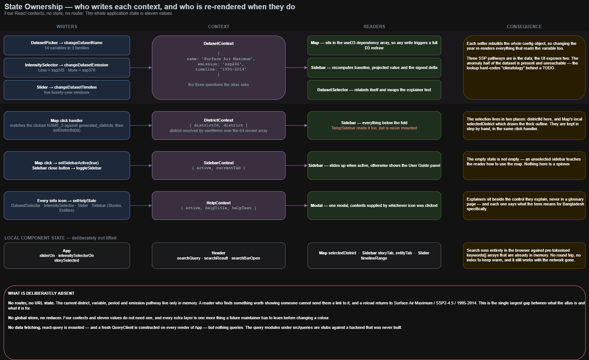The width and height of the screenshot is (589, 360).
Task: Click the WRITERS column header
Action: click(x=67, y=27)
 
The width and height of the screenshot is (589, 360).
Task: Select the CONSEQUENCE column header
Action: click(x=524, y=27)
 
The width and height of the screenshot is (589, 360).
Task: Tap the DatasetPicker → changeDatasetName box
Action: click(x=67, y=45)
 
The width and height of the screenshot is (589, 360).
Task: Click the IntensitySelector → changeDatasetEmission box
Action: click(x=67, y=67)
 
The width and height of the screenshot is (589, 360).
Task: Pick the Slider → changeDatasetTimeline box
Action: click(x=67, y=90)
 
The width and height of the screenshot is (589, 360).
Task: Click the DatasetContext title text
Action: click(x=219, y=43)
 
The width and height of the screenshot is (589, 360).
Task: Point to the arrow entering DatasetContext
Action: click(x=141, y=67)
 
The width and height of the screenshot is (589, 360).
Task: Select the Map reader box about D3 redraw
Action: click(x=374, y=45)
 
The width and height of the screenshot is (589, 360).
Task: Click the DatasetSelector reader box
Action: click(x=374, y=90)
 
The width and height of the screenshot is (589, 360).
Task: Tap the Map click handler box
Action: click(x=67, y=126)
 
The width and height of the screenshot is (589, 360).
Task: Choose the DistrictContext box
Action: click(x=219, y=126)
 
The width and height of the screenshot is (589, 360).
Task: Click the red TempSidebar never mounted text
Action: click(x=374, y=128)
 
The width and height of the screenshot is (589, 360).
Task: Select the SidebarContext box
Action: click(x=219, y=165)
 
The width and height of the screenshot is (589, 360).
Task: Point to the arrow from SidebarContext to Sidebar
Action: click(x=296, y=165)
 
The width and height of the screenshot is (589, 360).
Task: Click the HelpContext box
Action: click(x=219, y=205)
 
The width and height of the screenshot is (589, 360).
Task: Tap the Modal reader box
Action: click(x=374, y=205)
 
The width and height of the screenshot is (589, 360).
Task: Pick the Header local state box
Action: click(x=219, y=255)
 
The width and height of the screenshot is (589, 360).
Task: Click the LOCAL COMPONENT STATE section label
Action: click(x=60, y=238)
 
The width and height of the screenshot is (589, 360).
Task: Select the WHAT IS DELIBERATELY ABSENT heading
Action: click(x=41, y=293)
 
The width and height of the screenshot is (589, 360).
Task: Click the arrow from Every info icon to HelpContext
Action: click(x=141, y=205)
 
